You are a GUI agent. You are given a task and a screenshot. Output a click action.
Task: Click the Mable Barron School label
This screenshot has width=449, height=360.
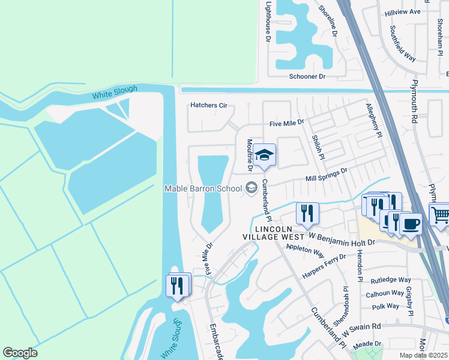click(x=203, y=188)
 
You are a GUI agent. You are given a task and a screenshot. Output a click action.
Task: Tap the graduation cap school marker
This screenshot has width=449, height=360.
click(x=264, y=155)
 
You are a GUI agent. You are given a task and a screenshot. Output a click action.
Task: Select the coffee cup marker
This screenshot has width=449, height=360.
click(x=411, y=224)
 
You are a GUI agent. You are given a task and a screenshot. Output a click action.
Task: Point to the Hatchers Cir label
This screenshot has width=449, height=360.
click(x=209, y=106)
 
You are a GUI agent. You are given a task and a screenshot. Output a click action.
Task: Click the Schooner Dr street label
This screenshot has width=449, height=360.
click(x=307, y=77)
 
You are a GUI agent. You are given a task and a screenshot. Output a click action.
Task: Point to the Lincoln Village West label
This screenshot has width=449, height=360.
click(x=273, y=233)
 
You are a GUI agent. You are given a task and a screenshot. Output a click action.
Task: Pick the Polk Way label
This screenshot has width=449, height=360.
click(x=385, y=306)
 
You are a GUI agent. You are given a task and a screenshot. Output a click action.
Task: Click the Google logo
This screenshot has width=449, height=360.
click(x=20, y=353)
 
